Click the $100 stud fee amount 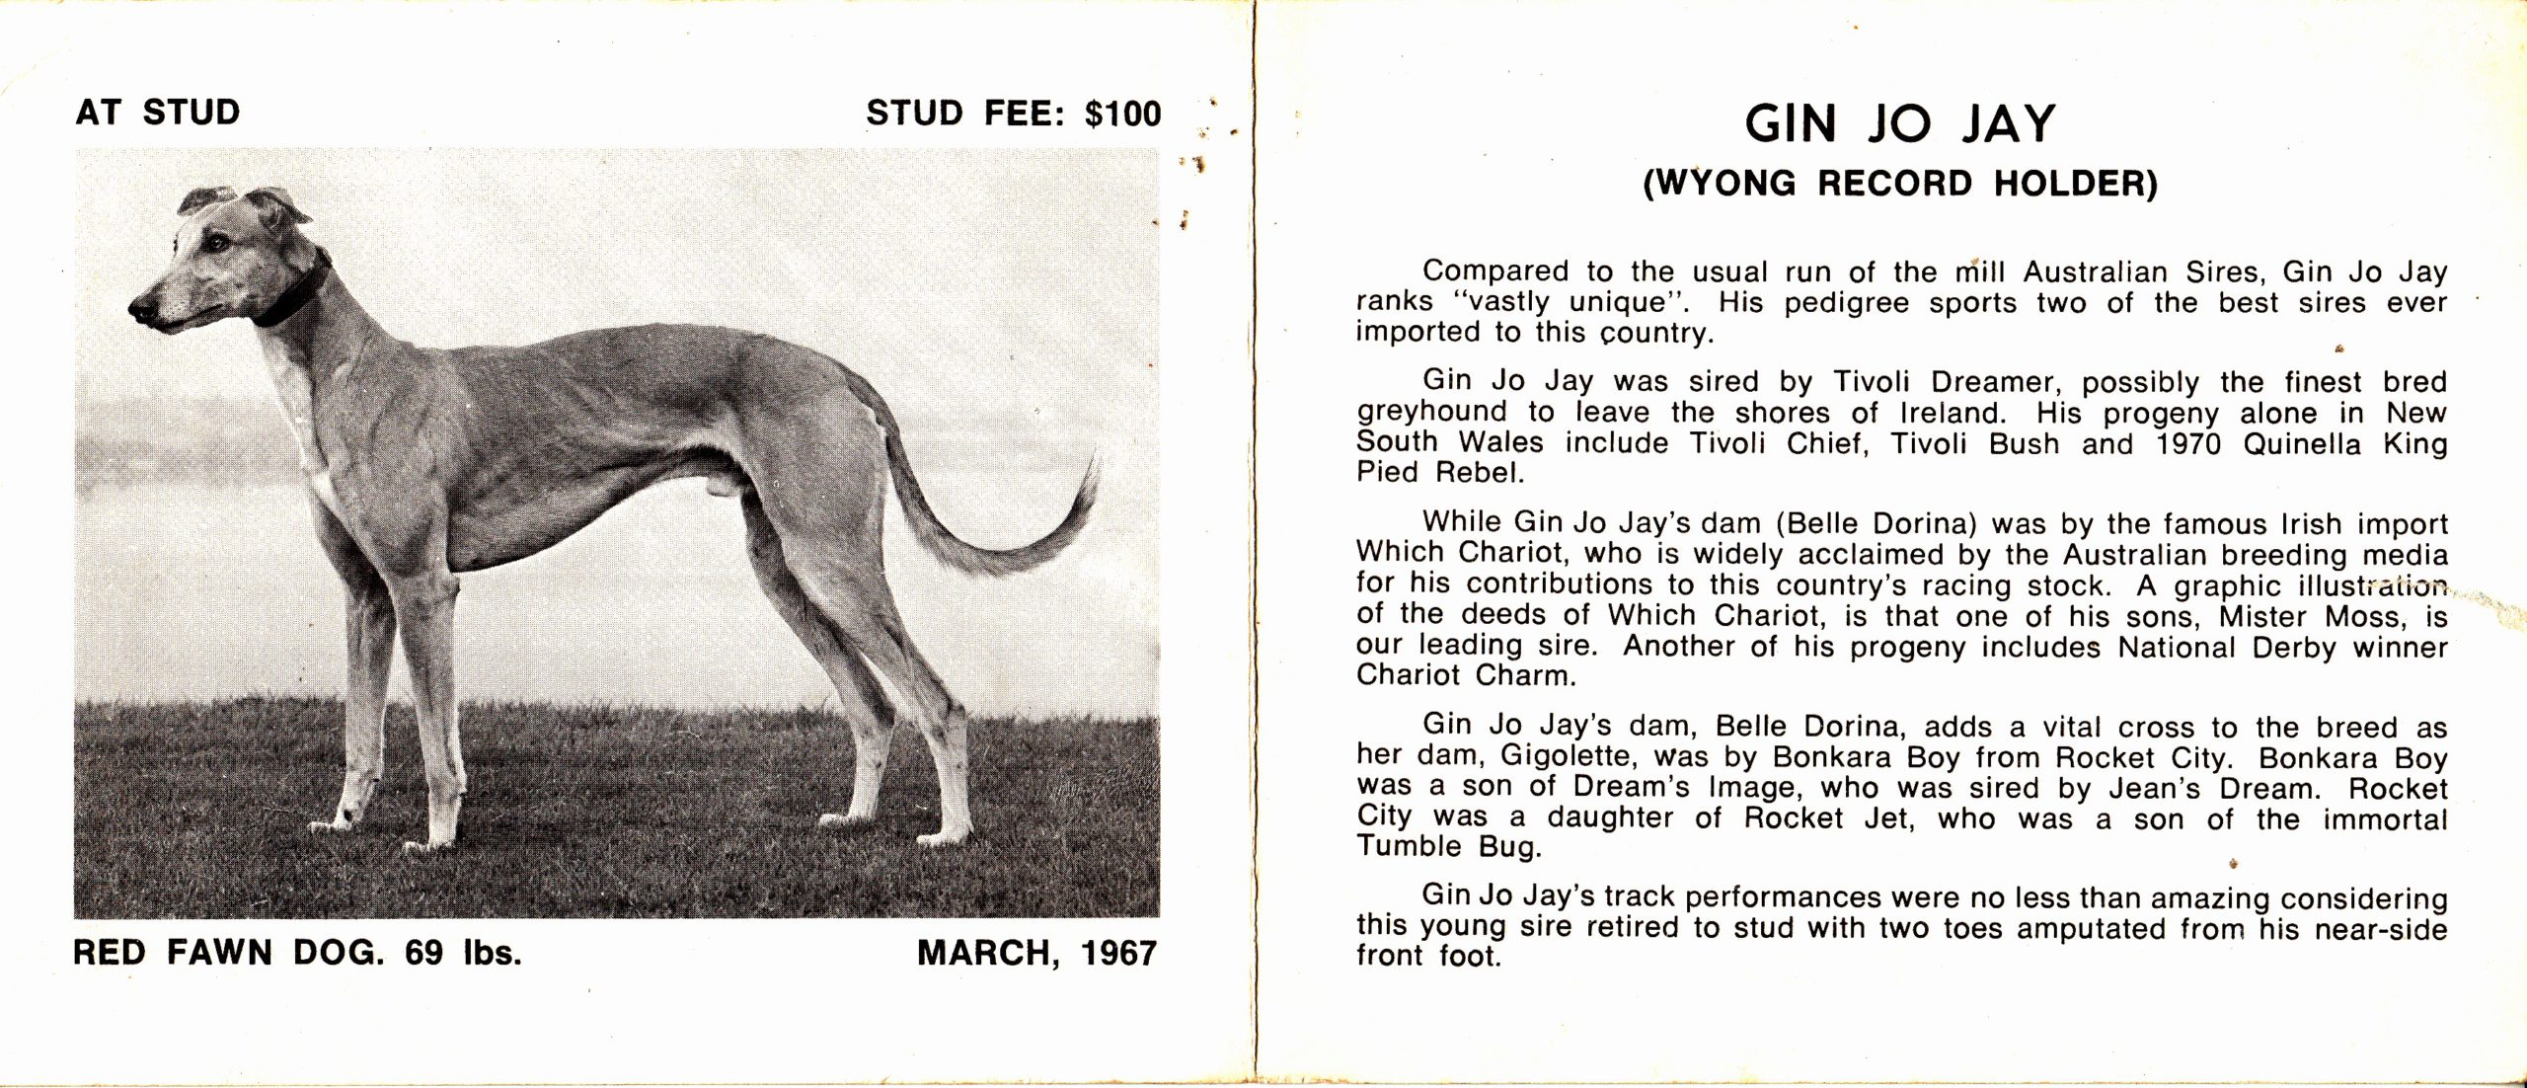[x=1122, y=114]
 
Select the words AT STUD [x=158, y=113]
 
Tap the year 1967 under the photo [x=1118, y=954]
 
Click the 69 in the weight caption [x=424, y=954]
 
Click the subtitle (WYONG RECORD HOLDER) [x=1900, y=185]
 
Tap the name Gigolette [x=1565, y=759]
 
